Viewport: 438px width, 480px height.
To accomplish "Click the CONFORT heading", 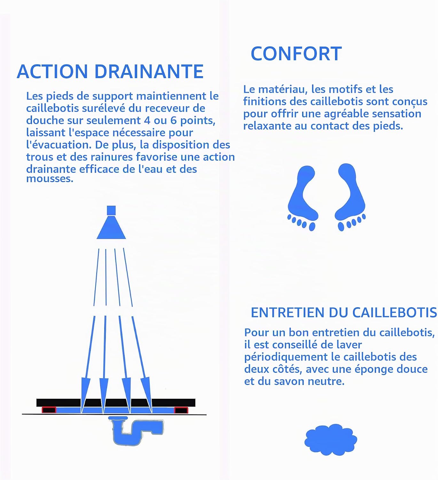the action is click(296, 53).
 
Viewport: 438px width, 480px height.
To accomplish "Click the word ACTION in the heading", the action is click(52, 71).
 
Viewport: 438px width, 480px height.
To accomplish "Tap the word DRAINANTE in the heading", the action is click(149, 71).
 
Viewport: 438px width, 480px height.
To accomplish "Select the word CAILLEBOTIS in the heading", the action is click(395, 313).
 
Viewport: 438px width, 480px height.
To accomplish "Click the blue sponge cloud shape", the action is click(331, 440).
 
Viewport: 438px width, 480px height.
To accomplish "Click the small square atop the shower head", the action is click(111, 210).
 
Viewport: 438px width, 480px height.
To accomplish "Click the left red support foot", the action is click(49, 410).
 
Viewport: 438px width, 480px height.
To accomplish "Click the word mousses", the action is click(50, 179).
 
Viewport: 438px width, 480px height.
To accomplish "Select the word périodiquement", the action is click(286, 357).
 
